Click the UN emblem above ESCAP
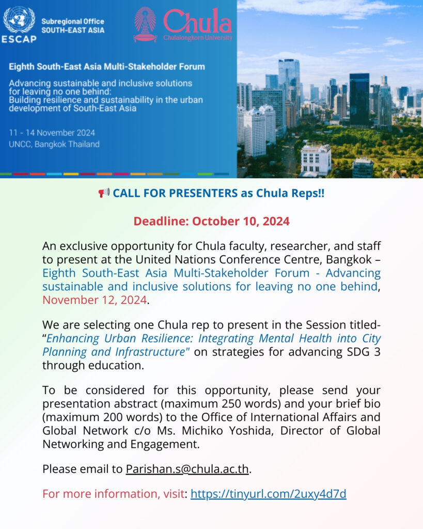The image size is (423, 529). [x=19, y=20]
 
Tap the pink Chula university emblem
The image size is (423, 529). [x=145, y=24]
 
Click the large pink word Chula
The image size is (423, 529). [x=198, y=22]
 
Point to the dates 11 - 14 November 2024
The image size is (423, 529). [x=52, y=133]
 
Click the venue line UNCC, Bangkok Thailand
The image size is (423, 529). [x=54, y=144]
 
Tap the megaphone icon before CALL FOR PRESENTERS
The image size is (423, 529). [x=104, y=193]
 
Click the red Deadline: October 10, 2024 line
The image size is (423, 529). [x=211, y=221]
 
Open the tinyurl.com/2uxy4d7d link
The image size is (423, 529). [x=268, y=494]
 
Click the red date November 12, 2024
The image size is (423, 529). [x=95, y=300]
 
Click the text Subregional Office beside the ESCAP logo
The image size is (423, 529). [x=72, y=22]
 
